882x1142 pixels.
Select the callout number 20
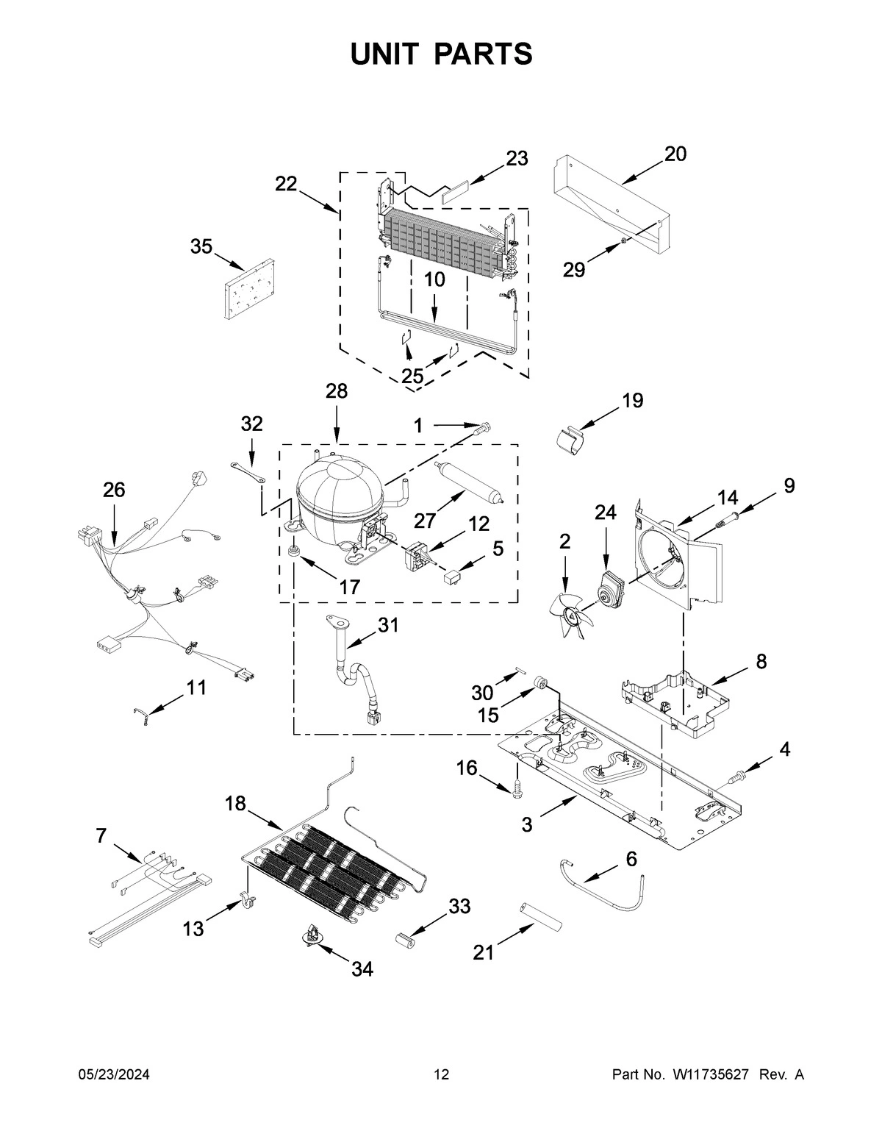[x=675, y=154]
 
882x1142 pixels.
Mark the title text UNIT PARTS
[x=441, y=54]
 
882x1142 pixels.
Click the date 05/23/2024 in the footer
[x=114, y=1075]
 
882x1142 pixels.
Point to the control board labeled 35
[x=248, y=288]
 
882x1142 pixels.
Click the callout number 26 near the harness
[x=114, y=489]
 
